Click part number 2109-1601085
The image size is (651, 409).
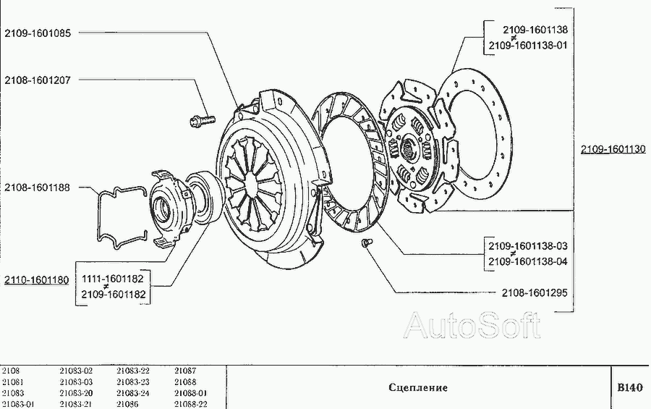tap(38, 33)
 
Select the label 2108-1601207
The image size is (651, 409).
tap(38, 80)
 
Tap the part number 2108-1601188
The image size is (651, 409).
tap(38, 187)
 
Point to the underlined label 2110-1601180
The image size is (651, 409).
tap(37, 280)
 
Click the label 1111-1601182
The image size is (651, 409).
tap(113, 279)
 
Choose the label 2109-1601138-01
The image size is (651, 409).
tap(528, 46)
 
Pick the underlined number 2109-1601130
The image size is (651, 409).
tap(613, 149)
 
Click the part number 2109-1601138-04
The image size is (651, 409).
tap(528, 262)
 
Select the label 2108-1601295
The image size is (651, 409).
tap(535, 293)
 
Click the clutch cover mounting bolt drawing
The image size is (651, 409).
tap(203, 121)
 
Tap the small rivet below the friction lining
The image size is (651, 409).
tap(367, 243)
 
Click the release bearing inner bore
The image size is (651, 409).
tap(161, 206)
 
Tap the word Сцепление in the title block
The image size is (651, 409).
tap(418, 388)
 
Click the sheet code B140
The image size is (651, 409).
tap(630, 388)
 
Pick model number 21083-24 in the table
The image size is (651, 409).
tap(133, 393)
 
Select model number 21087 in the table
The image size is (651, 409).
tap(185, 371)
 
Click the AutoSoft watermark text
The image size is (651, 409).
tap(472, 325)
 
